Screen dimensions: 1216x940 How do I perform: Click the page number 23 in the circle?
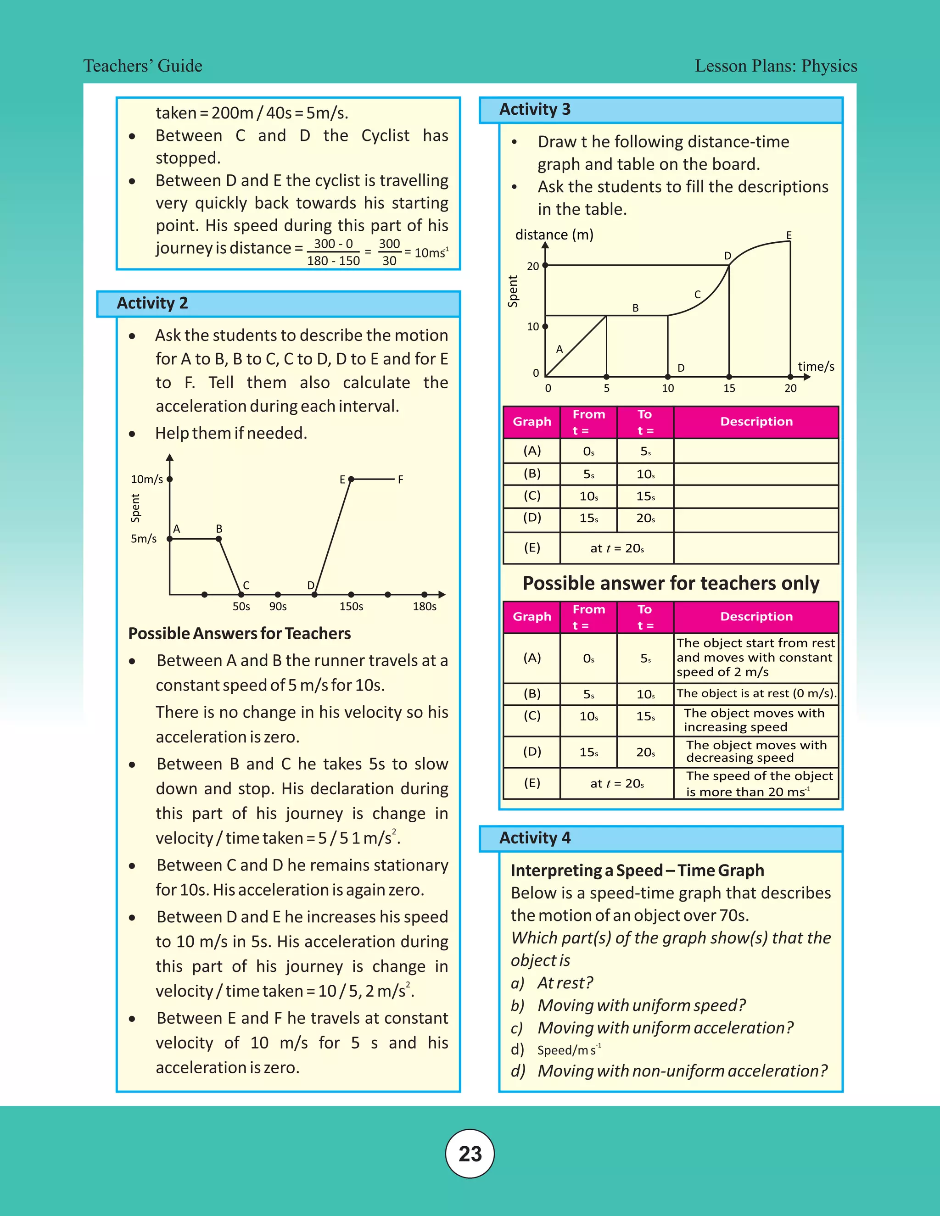pyautogui.click(x=470, y=1154)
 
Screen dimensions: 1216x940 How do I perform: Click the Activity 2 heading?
pyautogui.click(x=152, y=303)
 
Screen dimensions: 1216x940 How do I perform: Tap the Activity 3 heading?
pyautogui.click(x=535, y=110)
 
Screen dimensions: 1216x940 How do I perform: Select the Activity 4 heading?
pyautogui.click(x=535, y=838)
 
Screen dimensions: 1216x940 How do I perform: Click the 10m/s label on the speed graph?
pyautogui.click(x=146, y=480)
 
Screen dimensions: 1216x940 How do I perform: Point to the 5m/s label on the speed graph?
pyautogui.click(x=144, y=539)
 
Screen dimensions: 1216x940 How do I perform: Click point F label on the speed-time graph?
pyautogui.click(x=400, y=480)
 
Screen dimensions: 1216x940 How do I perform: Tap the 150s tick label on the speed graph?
pyautogui.click(x=352, y=606)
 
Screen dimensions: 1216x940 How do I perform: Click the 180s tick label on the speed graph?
pyautogui.click(x=425, y=606)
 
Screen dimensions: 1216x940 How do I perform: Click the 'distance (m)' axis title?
pyautogui.click(x=554, y=235)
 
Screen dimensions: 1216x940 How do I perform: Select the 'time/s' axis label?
pyautogui.click(x=816, y=366)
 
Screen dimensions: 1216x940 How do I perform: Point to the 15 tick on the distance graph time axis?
pyautogui.click(x=729, y=389)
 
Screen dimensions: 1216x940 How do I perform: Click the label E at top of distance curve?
pyautogui.click(x=789, y=235)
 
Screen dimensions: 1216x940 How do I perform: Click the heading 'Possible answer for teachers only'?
pyautogui.click(x=671, y=583)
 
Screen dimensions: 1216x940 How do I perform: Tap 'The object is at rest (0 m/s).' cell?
pyautogui.click(x=756, y=694)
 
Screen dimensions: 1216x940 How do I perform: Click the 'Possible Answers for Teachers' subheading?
pyautogui.click(x=240, y=634)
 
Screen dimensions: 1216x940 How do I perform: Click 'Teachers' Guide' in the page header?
pyautogui.click(x=143, y=66)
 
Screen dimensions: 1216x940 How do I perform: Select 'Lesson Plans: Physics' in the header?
pyautogui.click(x=776, y=66)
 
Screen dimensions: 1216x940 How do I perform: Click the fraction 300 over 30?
pyautogui.click(x=389, y=252)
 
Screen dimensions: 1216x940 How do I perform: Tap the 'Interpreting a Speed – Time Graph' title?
pyautogui.click(x=637, y=870)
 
